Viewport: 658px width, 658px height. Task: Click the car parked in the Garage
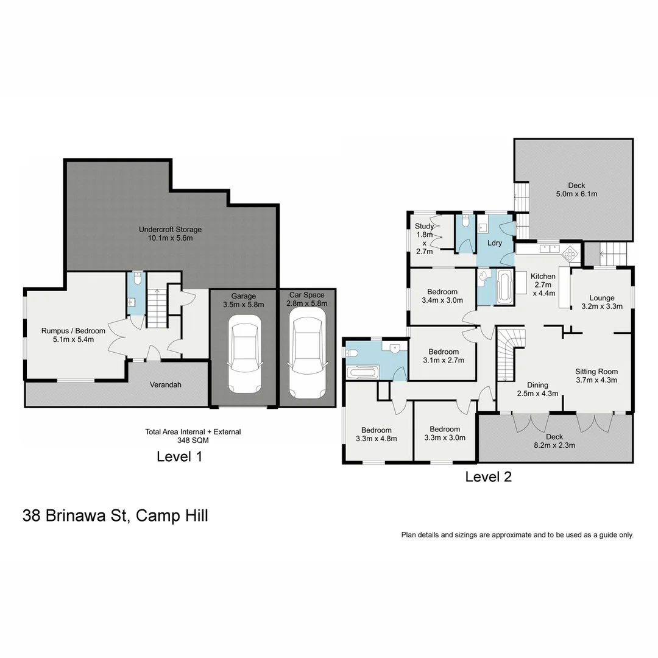[244, 355]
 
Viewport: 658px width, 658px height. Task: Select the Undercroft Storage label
[170, 234]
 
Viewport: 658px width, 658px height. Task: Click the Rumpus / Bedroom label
[73, 335]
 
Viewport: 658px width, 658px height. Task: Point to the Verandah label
[166, 385]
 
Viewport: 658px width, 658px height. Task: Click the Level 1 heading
[179, 456]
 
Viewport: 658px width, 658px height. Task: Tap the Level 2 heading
[488, 477]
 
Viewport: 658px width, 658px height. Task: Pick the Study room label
[424, 238]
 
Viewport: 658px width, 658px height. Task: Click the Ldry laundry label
[495, 242]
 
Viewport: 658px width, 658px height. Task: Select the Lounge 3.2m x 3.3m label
[601, 302]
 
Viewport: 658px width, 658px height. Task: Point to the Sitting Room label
[596, 375]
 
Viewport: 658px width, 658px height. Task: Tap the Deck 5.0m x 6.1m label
[576, 190]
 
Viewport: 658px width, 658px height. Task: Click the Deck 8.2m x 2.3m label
[554, 440]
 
